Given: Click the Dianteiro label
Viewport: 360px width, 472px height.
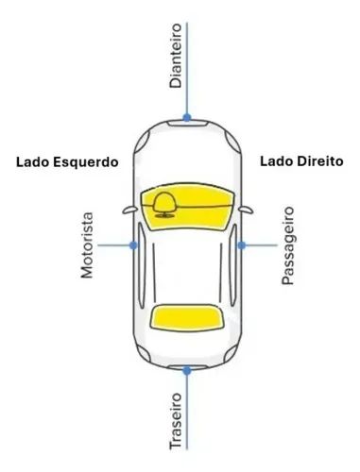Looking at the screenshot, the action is pos(176,56).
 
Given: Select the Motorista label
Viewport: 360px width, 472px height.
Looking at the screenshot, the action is pos(87,245).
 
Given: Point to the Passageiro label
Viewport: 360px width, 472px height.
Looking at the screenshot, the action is pos(287,245).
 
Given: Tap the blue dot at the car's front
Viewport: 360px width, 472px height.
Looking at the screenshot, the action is pos(187,118).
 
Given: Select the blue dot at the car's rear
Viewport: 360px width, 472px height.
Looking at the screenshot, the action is pos(187,371).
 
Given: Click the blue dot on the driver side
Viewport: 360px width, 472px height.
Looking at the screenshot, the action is pos(134,245).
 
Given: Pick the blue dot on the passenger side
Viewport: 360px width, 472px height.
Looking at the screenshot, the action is pos(242,245).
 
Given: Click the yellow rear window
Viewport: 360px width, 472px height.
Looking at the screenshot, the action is pos(187,318).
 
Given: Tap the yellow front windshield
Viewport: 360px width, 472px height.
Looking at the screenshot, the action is pos(187,206).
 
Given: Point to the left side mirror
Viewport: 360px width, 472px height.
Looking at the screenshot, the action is pos(129,210).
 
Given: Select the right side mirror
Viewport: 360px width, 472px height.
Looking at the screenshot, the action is pos(246,210).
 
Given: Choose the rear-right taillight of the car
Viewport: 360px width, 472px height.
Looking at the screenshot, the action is pos(231,352).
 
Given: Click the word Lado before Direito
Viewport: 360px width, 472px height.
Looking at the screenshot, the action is pos(277,161).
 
